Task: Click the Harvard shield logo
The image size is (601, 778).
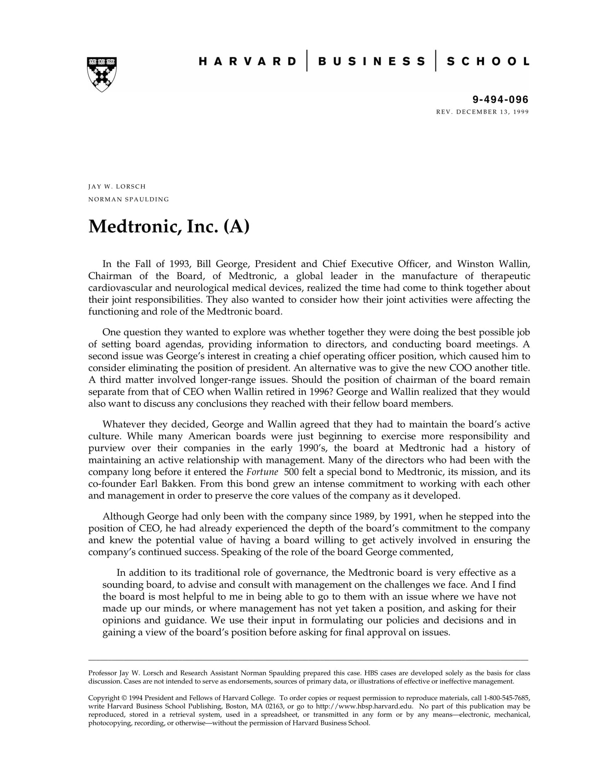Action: coord(102,74)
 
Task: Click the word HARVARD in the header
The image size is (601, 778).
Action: coord(248,62)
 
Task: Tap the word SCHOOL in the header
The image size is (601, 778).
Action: coord(488,62)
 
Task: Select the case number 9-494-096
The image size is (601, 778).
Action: coord(500,99)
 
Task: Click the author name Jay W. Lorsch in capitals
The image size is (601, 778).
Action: coord(117,186)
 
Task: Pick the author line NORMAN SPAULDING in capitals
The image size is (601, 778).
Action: coord(129,199)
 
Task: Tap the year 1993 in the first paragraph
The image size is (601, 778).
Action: coord(179,264)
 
